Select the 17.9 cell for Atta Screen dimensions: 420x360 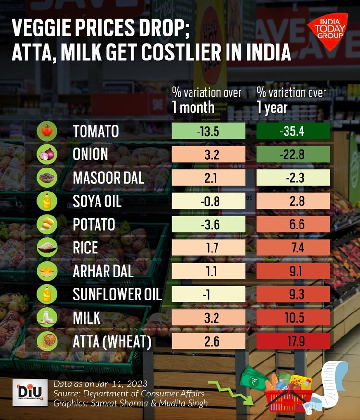coord(293,341)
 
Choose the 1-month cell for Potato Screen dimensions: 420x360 coord(209,225)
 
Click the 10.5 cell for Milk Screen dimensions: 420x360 coord(293,318)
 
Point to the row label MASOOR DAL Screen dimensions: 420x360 coord(108,178)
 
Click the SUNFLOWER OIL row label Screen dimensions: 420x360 coord(117,294)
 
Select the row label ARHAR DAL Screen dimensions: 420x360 coord(103,271)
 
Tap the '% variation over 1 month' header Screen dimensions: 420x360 coord(207,99)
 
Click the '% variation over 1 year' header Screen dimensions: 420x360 coord(291,99)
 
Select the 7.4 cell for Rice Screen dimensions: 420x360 coord(293,248)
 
